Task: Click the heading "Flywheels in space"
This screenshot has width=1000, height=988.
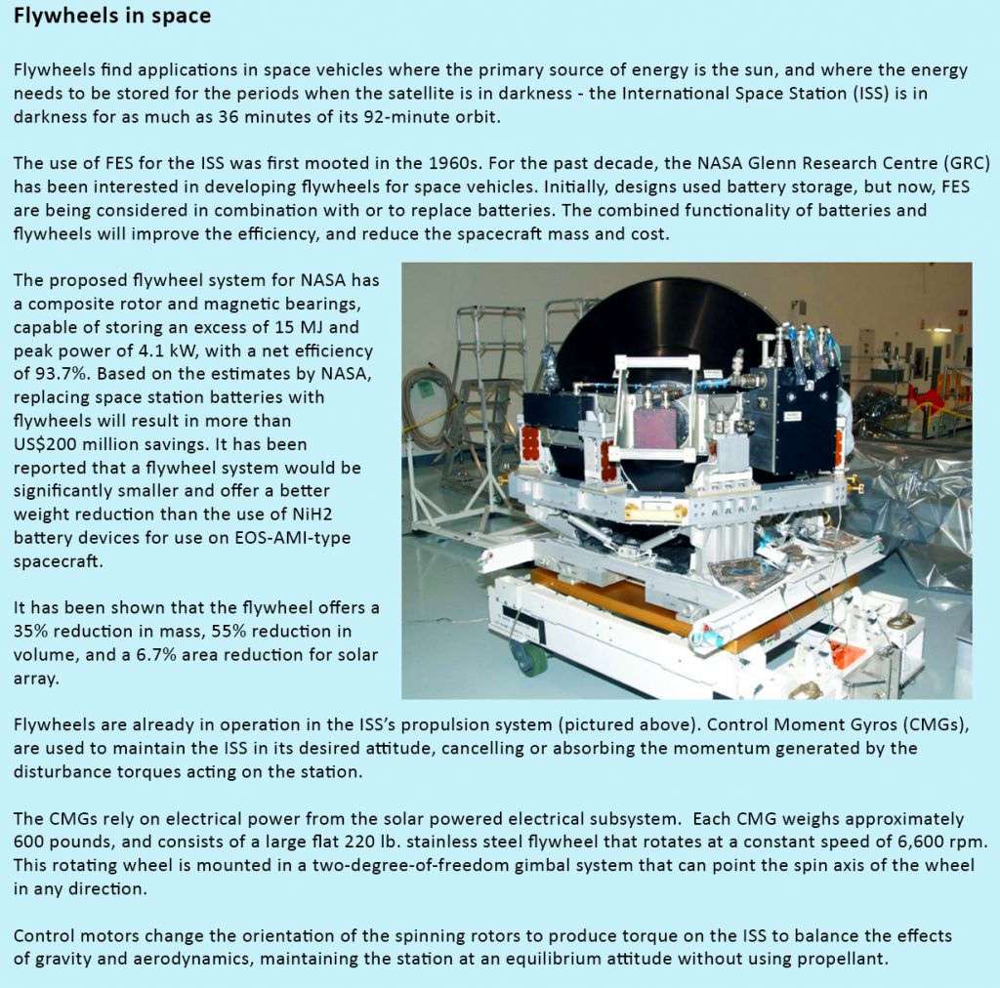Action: (x=112, y=18)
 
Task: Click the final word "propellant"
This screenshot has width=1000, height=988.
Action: (x=842, y=959)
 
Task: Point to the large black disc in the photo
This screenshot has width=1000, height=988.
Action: (x=664, y=322)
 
